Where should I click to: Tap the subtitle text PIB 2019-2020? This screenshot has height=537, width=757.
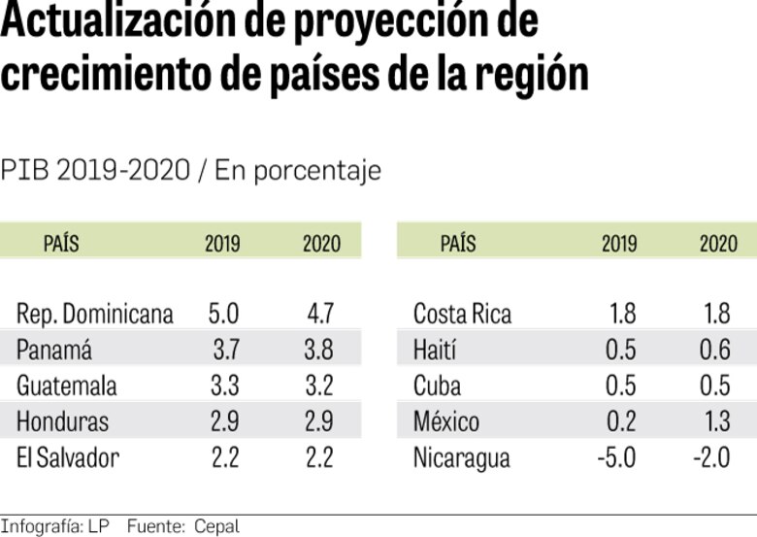point(94,171)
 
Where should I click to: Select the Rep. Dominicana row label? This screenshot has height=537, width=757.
point(95,314)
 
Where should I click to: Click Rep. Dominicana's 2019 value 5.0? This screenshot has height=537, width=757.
point(223,314)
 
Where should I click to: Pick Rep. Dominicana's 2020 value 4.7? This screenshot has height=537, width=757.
point(319,314)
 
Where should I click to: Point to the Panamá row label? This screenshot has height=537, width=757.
point(54,350)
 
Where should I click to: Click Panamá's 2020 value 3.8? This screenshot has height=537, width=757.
point(319,350)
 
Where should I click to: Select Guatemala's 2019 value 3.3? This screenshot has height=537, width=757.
point(224,386)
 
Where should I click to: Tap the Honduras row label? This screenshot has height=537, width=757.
point(62,421)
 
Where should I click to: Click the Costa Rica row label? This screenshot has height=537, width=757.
point(462,314)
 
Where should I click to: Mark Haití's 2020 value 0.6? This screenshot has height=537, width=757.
point(714,350)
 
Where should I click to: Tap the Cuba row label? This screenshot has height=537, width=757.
point(437,386)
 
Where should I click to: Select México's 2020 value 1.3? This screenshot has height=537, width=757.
point(714,421)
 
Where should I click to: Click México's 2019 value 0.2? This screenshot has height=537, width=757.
point(620,421)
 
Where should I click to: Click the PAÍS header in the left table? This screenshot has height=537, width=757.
point(61,243)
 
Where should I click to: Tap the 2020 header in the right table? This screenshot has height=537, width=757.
point(718,243)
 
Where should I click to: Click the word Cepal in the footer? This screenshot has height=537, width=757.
point(216,527)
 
